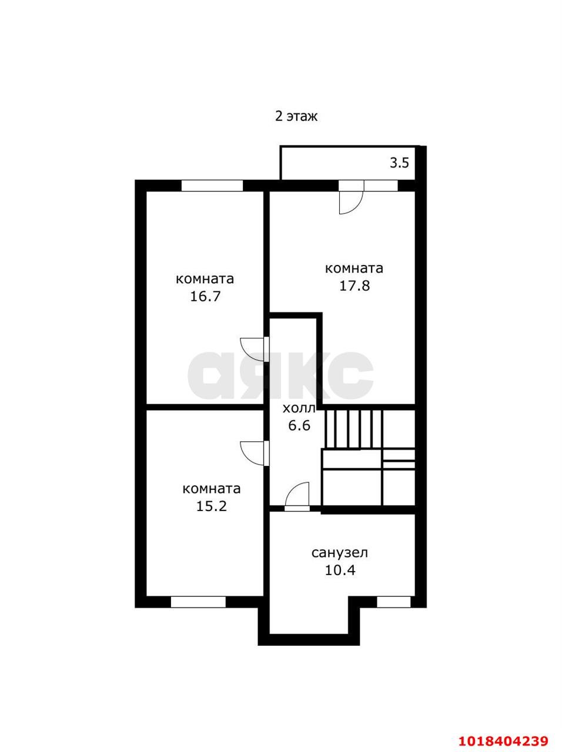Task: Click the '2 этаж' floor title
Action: (x=296, y=117)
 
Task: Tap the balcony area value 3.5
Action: (x=399, y=163)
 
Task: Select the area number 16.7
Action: (x=205, y=296)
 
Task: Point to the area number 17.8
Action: (x=354, y=286)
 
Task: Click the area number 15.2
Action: (x=211, y=506)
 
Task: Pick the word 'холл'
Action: (x=299, y=408)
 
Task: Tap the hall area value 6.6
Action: (x=299, y=425)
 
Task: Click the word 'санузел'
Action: (x=340, y=553)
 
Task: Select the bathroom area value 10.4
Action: (x=340, y=570)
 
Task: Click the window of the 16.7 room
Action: (x=212, y=185)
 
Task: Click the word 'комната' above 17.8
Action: (x=354, y=268)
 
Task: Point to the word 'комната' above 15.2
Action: (x=212, y=489)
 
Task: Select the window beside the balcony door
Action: (x=381, y=185)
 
